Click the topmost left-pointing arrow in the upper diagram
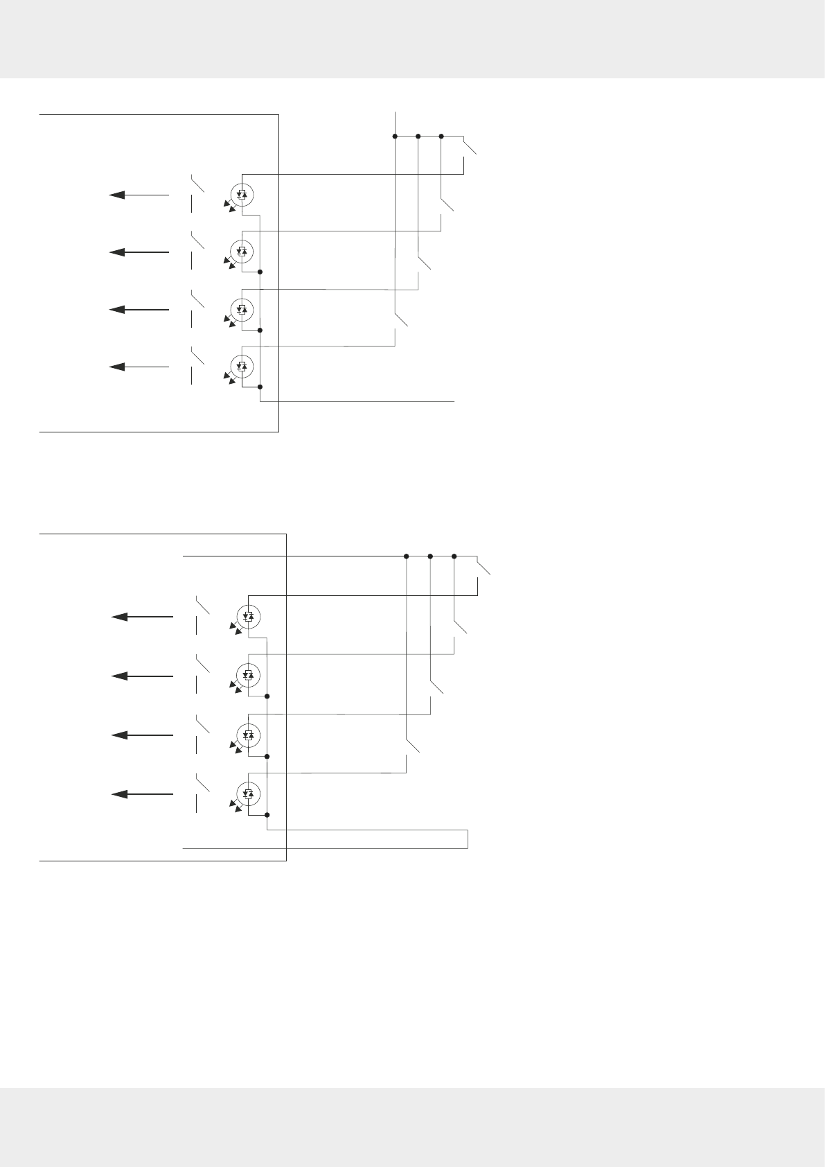pyautogui.click(x=139, y=195)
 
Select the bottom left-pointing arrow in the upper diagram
pyautogui.click(x=139, y=367)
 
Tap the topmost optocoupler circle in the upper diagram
pyautogui.click(x=242, y=195)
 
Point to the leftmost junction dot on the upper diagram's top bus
pyautogui.click(x=395, y=137)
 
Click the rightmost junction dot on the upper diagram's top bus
pyautogui.click(x=441, y=137)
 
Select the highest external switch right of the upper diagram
pyautogui.click(x=470, y=147)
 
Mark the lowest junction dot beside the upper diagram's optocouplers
pyautogui.click(x=260, y=387)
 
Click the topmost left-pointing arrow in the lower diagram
pyautogui.click(x=142, y=617)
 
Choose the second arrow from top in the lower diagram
pyautogui.click(x=142, y=676)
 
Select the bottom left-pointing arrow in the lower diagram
pyautogui.click(x=142, y=793)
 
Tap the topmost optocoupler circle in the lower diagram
pyautogui.click(x=249, y=616)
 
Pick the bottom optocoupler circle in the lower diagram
pyautogui.click(x=249, y=793)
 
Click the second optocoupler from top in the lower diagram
pyautogui.click(x=249, y=674)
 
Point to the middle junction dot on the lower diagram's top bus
pyautogui.click(x=430, y=556)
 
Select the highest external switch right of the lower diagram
pyautogui.click(x=483, y=567)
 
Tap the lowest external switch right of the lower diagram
pyautogui.click(x=412, y=746)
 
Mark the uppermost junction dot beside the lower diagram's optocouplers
pyautogui.click(x=267, y=696)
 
